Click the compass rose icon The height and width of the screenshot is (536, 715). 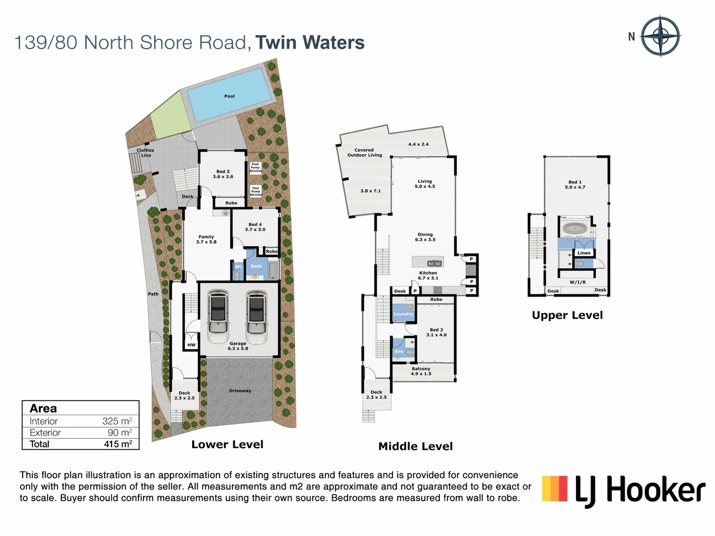tap(660, 36)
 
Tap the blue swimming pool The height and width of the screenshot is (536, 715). tap(229, 95)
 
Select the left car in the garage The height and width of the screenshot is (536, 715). tap(218, 316)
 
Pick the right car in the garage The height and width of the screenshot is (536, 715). tap(256, 316)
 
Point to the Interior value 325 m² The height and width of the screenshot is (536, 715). tap(117, 421)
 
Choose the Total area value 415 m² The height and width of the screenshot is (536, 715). tap(118, 444)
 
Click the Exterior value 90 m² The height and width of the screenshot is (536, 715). tap(119, 432)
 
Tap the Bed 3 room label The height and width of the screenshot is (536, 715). tap(223, 174)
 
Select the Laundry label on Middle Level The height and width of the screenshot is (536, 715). tap(403, 314)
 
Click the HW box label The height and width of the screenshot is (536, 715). tap(191, 344)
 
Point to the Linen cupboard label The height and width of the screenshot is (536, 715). tap(584, 253)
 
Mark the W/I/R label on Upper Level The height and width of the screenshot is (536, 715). tap(577, 282)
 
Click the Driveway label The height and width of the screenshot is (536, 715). tap(240, 391)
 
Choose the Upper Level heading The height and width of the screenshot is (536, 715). tap(567, 315)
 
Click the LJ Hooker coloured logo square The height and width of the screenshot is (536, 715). tap(555, 488)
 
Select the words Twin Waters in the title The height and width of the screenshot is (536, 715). tap(310, 43)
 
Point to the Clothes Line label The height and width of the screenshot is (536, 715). tap(145, 152)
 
